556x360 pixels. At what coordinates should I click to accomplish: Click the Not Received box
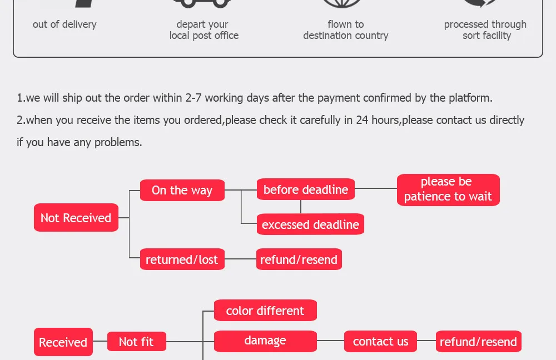(x=76, y=218)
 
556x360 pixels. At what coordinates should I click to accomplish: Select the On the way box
(x=182, y=190)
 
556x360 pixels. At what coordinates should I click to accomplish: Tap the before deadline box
(x=305, y=189)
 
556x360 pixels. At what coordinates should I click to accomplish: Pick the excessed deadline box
(x=310, y=224)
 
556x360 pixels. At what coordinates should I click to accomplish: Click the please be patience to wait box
(x=448, y=189)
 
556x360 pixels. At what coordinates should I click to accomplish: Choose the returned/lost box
(x=182, y=259)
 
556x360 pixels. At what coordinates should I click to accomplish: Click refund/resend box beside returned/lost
(x=299, y=259)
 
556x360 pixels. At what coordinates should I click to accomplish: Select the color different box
(x=265, y=311)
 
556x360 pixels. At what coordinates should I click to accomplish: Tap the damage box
(x=265, y=341)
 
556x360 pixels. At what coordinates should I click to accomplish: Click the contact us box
(x=380, y=341)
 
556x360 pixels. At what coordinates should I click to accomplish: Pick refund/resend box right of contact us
(x=478, y=342)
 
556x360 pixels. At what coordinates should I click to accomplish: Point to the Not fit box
(x=136, y=342)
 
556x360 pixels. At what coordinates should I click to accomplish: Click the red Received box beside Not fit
(x=63, y=342)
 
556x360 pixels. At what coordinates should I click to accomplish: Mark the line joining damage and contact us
(x=330, y=341)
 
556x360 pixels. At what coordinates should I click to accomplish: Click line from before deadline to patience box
(x=376, y=189)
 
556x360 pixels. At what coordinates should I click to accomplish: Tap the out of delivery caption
(x=64, y=24)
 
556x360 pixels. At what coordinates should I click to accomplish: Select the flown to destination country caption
(x=346, y=30)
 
